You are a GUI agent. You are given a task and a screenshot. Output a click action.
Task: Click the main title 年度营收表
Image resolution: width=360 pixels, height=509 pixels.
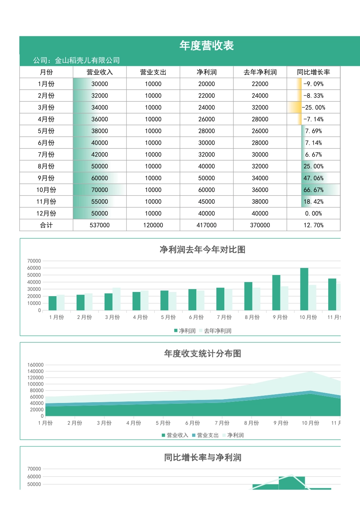click(207, 46)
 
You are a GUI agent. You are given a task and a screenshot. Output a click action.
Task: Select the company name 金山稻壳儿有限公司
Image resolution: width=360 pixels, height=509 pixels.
click(87, 60)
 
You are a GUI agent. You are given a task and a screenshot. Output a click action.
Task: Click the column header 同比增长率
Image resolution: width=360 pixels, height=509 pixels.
click(313, 72)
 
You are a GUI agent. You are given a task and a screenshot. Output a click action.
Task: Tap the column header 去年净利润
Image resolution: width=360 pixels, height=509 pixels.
click(260, 72)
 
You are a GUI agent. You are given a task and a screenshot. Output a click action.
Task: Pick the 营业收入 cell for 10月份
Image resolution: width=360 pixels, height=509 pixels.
click(100, 190)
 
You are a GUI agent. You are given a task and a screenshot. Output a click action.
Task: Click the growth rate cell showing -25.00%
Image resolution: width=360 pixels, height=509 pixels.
click(313, 108)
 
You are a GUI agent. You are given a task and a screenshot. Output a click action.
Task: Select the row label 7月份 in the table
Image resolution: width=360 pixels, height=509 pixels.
click(46, 155)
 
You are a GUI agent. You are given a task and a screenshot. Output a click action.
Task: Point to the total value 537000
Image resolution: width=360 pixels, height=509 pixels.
click(100, 225)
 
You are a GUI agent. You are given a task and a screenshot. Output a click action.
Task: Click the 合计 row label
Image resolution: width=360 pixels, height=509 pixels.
click(46, 225)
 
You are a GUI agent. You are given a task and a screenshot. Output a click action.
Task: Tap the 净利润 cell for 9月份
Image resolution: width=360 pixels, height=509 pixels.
click(207, 178)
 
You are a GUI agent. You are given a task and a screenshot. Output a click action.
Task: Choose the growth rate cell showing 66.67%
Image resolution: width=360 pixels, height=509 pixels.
click(313, 190)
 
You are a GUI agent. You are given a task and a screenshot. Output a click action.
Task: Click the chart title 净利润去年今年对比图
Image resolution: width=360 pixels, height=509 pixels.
click(202, 250)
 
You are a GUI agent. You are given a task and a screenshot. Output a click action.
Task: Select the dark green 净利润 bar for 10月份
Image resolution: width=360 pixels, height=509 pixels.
click(304, 289)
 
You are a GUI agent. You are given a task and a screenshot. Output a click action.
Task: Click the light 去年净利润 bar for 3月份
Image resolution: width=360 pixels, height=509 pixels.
click(116, 299)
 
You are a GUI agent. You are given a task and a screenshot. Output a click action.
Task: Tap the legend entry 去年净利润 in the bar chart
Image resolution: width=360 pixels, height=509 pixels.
click(217, 331)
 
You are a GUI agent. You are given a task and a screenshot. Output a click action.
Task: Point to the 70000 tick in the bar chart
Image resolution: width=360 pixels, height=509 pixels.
click(34, 261)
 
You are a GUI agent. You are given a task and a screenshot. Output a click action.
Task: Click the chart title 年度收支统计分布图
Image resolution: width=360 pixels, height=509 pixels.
click(202, 354)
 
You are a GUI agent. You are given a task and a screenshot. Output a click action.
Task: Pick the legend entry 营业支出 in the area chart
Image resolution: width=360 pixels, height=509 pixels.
click(208, 435)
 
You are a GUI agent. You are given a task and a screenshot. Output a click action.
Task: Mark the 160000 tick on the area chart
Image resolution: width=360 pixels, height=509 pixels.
click(35, 365)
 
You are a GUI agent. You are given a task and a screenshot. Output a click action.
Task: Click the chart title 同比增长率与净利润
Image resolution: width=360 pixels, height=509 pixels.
click(202, 457)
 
